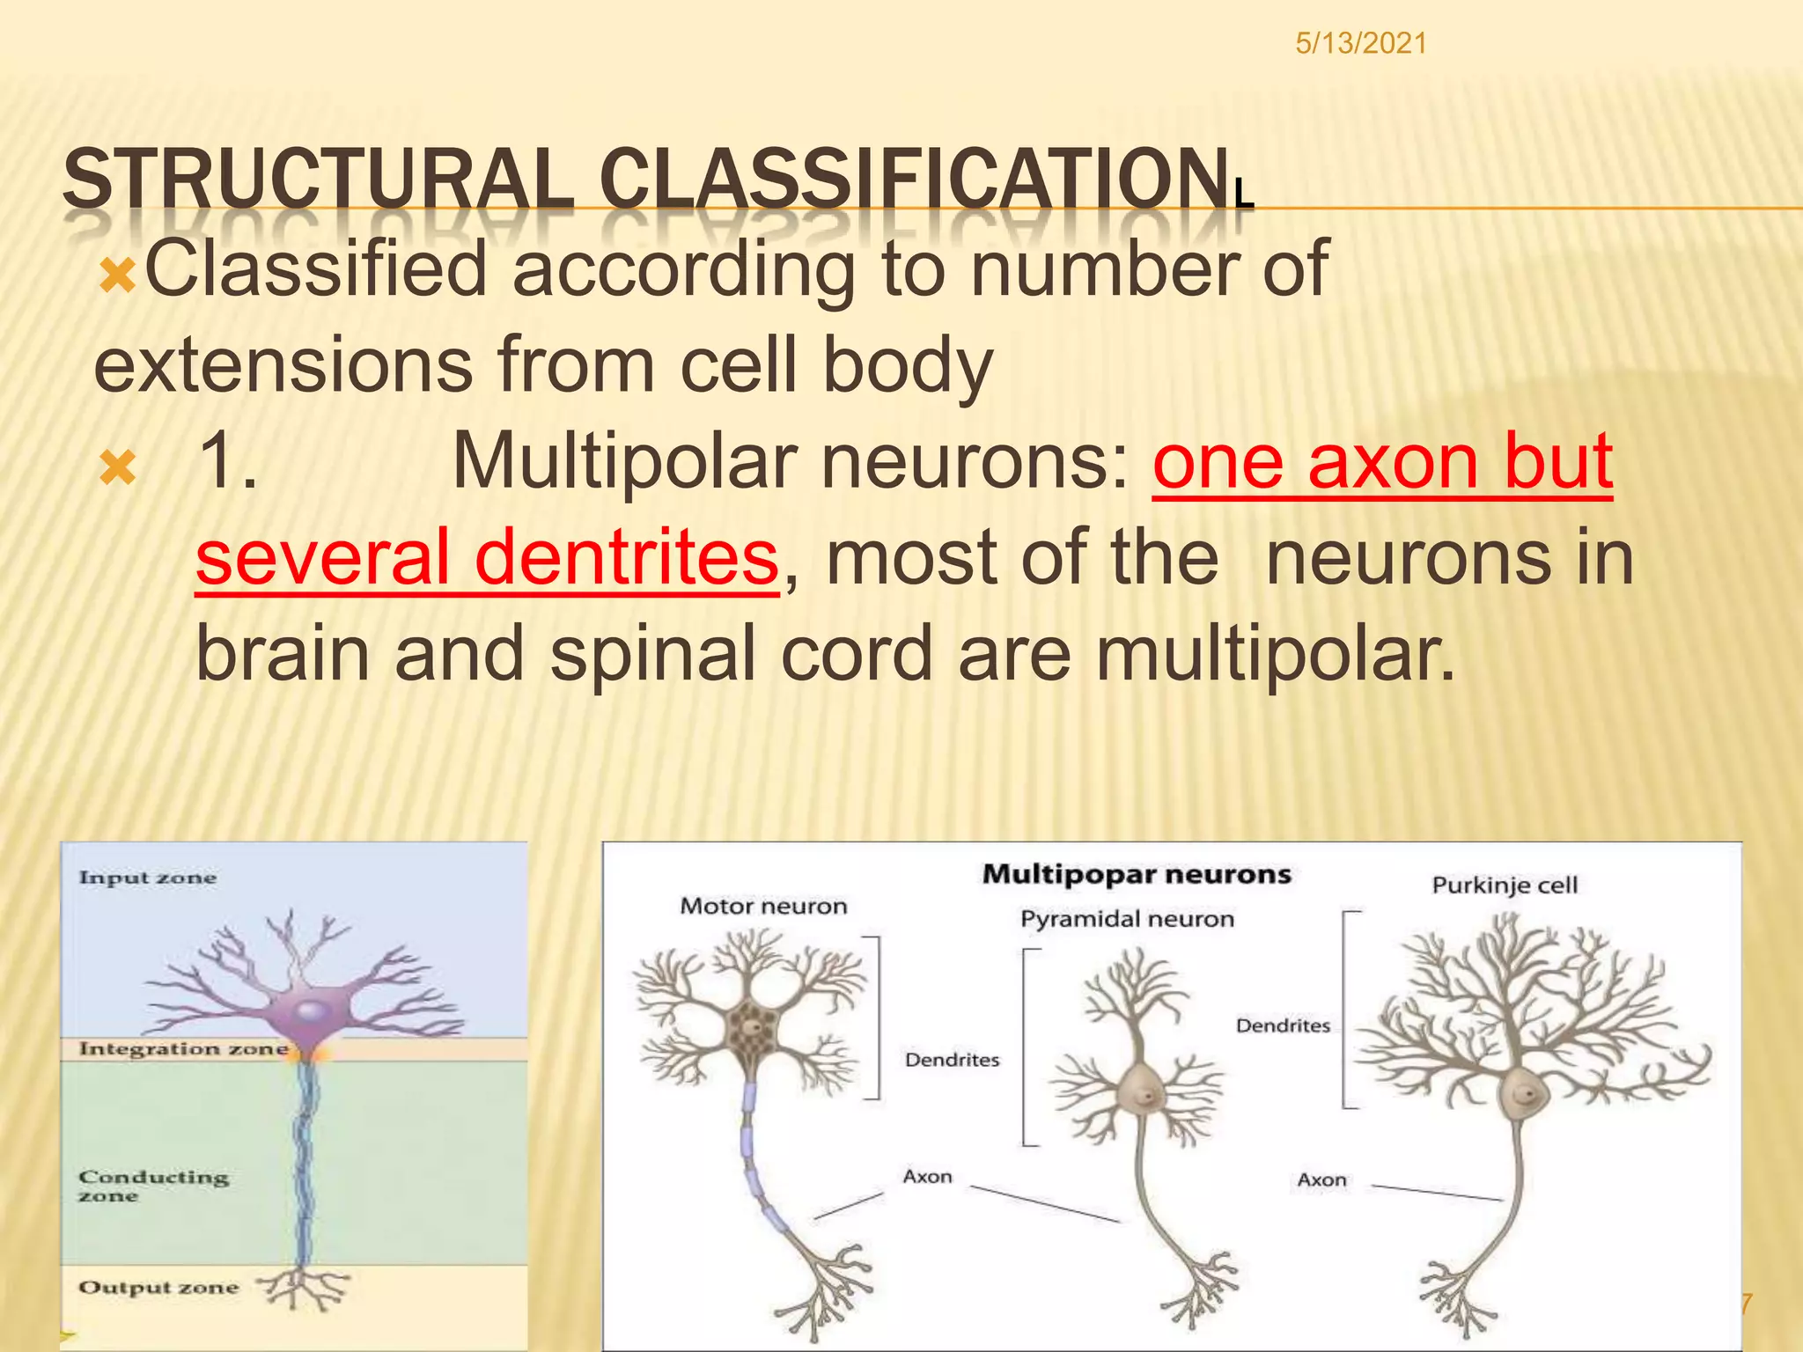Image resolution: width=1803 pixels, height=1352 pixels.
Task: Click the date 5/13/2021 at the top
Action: pos(1360,43)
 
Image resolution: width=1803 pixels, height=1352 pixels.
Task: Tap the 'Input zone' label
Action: pos(147,878)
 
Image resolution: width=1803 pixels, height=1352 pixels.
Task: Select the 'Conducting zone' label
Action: pos(152,1185)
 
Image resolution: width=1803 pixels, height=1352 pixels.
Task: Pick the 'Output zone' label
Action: pos(158,1287)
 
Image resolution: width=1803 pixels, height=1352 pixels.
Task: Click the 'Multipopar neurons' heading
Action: pos(1136,874)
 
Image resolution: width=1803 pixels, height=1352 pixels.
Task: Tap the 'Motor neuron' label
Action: pos(763,906)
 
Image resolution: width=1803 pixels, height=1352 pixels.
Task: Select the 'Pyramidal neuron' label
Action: pos(1127,919)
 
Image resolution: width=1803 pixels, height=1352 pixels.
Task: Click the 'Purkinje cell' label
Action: pos(1504,885)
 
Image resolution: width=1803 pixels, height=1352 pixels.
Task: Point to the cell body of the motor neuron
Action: pos(751,1030)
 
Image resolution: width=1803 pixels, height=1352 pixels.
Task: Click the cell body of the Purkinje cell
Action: pos(1524,1094)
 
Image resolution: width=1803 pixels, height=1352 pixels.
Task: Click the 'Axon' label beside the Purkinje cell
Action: pos(1321,1179)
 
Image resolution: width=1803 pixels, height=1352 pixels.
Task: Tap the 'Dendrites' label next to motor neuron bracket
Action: pos(952,1060)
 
